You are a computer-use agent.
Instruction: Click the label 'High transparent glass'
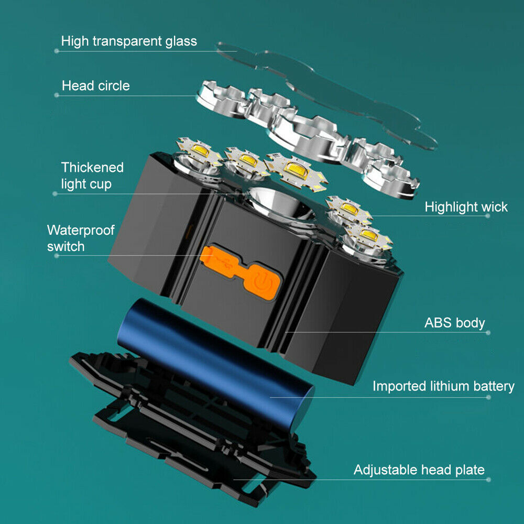(x=129, y=41)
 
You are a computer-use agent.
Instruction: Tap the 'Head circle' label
(x=95, y=86)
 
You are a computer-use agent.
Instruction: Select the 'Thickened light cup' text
(x=92, y=176)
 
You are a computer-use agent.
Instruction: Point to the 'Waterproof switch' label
(x=81, y=238)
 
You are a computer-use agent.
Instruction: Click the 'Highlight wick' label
(x=466, y=207)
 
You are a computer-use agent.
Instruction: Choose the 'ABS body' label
(x=454, y=323)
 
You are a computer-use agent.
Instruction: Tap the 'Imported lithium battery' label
(x=443, y=386)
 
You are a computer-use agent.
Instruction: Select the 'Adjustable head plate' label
(x=419, y=470)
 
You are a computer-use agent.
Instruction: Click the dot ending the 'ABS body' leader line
(x=488, y=333)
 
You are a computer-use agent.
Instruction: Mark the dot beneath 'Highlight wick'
(x=487, y=216)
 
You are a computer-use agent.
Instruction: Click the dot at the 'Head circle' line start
(x=57, y=95)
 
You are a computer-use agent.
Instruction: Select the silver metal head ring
(x=308, y=137)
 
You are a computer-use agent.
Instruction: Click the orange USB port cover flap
(x=219, y=259)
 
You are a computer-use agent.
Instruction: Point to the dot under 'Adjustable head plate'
(x=488, y=479)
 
